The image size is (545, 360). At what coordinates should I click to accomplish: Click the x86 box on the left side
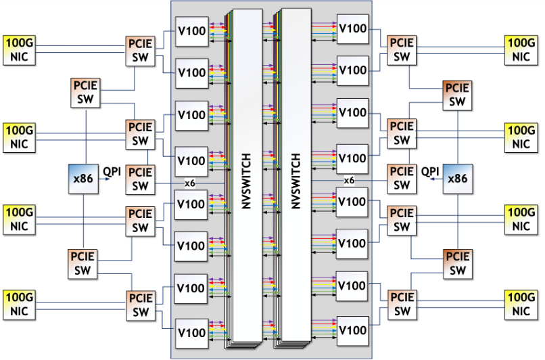coord(83,179)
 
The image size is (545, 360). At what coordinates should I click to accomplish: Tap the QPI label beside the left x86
coord(112,172)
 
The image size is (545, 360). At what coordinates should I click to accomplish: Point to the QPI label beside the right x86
coord(431,172)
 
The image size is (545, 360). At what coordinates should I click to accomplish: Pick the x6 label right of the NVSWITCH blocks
coord(349,181)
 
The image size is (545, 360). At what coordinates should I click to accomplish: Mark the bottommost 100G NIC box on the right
coord(521,305)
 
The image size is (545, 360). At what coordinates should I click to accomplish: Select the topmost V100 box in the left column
coord(191,30)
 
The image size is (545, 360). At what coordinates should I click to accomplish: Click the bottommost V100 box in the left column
coord(191,332)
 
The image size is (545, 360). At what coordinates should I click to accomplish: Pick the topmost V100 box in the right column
coord(352,28)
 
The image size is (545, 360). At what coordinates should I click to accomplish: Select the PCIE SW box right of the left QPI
coord(140,179)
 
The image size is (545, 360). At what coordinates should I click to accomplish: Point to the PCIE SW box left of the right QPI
coord(402,179)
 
